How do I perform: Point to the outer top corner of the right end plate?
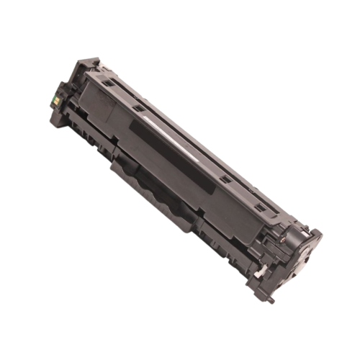(x=315, y=232)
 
